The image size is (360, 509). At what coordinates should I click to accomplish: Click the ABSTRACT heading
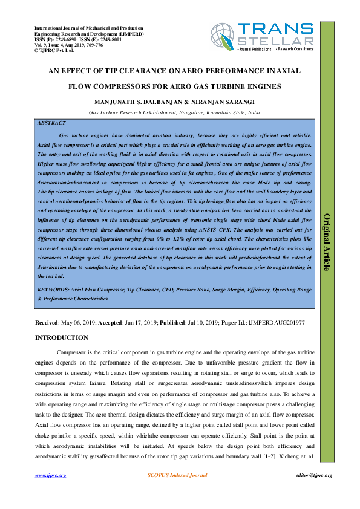tap(51, 123)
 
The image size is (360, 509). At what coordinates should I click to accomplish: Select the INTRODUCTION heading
tap(62, 337)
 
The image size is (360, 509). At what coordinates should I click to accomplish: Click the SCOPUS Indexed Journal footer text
tap(178, 476)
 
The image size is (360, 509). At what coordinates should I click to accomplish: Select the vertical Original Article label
tap(327, 242)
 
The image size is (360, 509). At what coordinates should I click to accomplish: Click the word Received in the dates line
tap(47, 323)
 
